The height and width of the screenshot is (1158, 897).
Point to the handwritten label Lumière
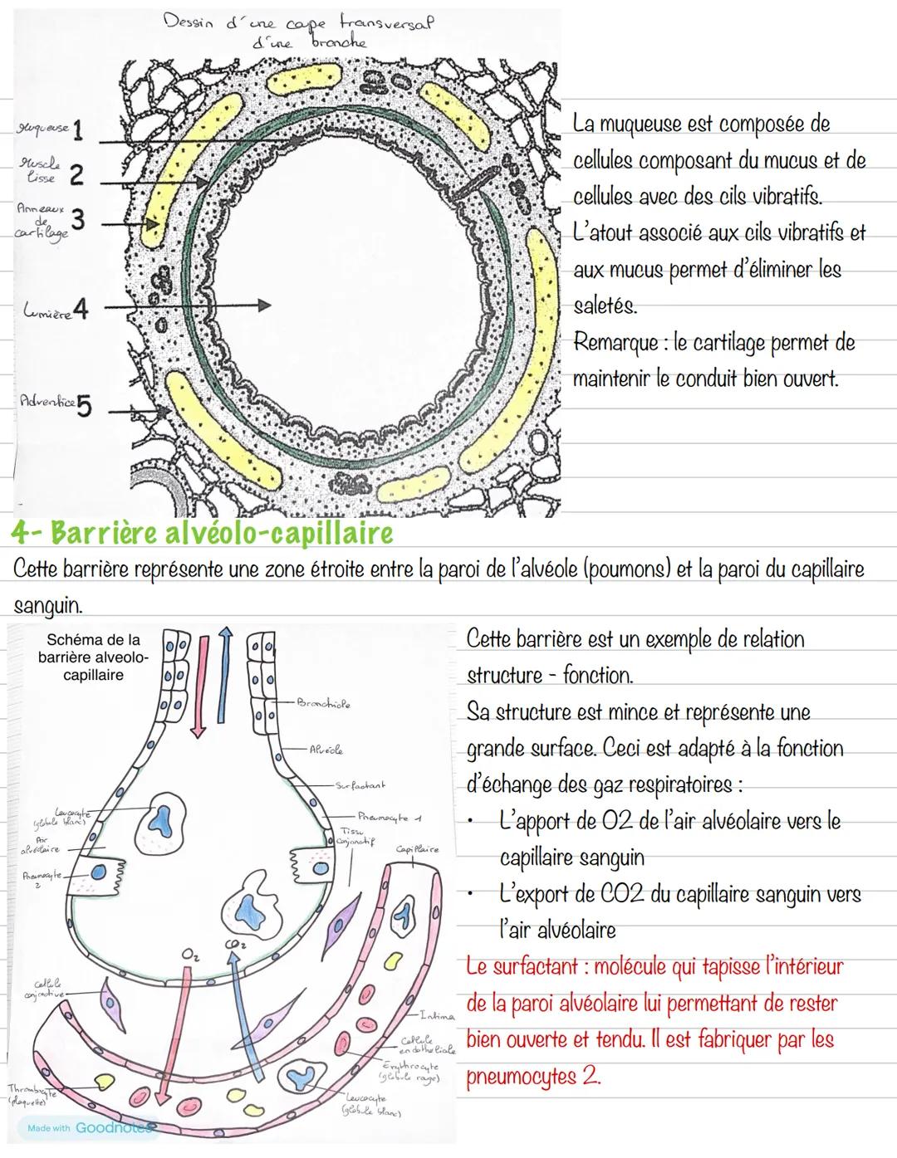point(46,311)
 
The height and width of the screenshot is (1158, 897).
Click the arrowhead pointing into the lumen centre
point(263,305)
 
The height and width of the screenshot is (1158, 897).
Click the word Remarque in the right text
point(614,343)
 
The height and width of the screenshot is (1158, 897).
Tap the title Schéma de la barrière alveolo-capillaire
point(93,657)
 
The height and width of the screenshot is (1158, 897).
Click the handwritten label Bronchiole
point(323,705)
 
